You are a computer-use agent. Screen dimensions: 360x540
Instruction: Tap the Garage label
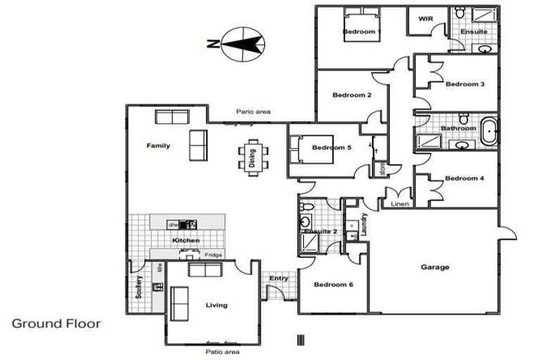click(435, 267)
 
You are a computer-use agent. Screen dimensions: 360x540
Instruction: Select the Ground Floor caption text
click(56, 324)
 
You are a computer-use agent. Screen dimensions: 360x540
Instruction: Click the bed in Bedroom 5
click(302, 149)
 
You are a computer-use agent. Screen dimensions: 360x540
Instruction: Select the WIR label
click(425, 19)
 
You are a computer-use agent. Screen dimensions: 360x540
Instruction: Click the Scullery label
click(139, 286)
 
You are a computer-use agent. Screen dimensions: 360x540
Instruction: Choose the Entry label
click(279, 278)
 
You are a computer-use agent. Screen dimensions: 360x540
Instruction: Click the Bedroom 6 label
click(333, 285)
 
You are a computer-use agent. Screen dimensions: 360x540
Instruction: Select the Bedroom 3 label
click(465, 84)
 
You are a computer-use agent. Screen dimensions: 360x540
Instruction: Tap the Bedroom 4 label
click(465, 178)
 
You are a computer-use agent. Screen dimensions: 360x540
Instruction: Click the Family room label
click(158, 146)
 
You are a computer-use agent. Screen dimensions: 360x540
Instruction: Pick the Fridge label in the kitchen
click(213, 255)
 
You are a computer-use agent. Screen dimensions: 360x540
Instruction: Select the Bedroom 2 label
click(352, 95)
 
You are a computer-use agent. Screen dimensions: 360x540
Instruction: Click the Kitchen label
click(186, 240)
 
